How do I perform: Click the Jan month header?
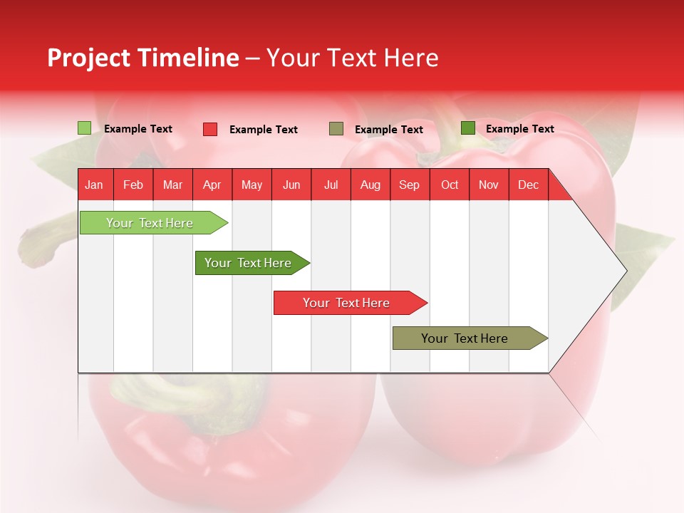(94, 185)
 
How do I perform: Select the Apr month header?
(212, 185)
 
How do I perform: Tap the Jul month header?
(331, 185)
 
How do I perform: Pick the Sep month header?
(409, 185)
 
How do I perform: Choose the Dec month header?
(528, 185)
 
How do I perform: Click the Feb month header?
(133, 185)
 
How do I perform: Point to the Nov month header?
(489, 185)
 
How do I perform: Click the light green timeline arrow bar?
(150, 223)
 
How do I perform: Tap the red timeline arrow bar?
(347, 303)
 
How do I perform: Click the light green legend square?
(85, 128)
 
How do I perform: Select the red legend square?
(210, 129)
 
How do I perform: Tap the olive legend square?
(336, 129)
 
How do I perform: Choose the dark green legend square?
(468, 128)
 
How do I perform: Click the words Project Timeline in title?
(142, 58)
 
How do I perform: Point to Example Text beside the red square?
(264, 130)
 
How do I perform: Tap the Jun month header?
(291, 185)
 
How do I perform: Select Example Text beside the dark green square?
(520, 129)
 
